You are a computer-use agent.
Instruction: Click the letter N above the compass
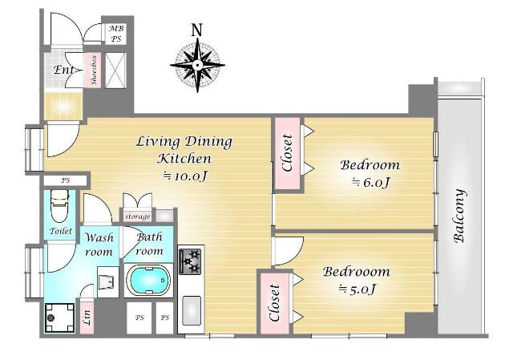(x=196, y=30)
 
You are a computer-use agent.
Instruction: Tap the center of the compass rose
(x=197, y=65)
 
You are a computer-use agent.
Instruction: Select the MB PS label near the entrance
(x=116, y=34)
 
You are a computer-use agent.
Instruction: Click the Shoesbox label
(x=94, y=71)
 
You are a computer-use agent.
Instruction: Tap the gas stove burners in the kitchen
(x=191, y=261)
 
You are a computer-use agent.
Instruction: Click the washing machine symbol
(x=59, y=318)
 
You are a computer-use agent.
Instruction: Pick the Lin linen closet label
(x=87, y=317)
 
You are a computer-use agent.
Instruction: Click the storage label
(x=137, y=216)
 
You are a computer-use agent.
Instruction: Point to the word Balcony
(x=459, y=216)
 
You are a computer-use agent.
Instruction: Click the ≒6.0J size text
(x=370, y=182)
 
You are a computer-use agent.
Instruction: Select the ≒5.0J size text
(x=357, y=289)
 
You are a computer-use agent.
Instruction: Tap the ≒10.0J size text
(x=185, y=176)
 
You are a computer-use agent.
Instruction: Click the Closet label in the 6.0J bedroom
(x=287, y=153)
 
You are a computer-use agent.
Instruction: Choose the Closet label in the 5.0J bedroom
(x=274, y=303)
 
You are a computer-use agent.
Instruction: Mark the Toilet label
(x=61, y=231)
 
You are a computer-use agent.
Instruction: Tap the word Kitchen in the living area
(x=184, y=159)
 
